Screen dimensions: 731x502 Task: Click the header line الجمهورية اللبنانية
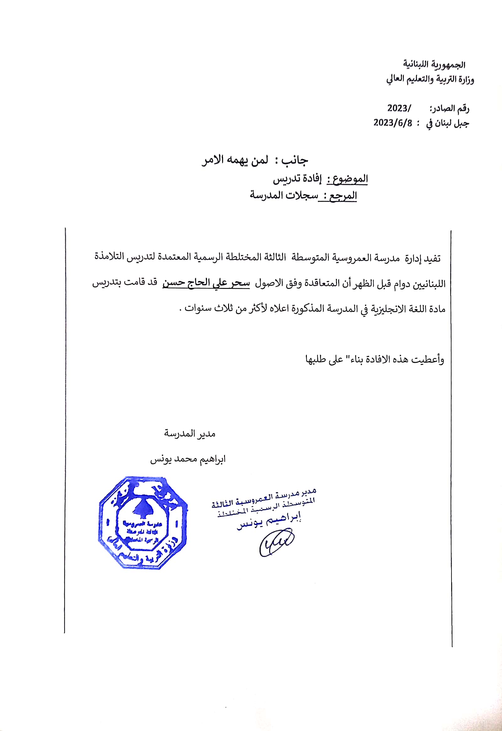coord(434,65)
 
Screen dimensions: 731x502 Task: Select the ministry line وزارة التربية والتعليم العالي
coord(430,79)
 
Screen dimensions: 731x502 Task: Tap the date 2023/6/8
coord(393,122)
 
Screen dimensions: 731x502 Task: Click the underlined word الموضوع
coord(348,179)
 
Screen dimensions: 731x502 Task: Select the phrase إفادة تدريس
coord(297,179)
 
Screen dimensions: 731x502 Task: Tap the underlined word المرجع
coord(343,196)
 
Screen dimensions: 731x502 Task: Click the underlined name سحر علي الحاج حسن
coord(206,283)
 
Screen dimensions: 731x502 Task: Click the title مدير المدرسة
coord(190,434)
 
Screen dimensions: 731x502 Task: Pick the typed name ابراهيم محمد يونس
coord(188,459)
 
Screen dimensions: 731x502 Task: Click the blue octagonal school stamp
coord(143,523)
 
